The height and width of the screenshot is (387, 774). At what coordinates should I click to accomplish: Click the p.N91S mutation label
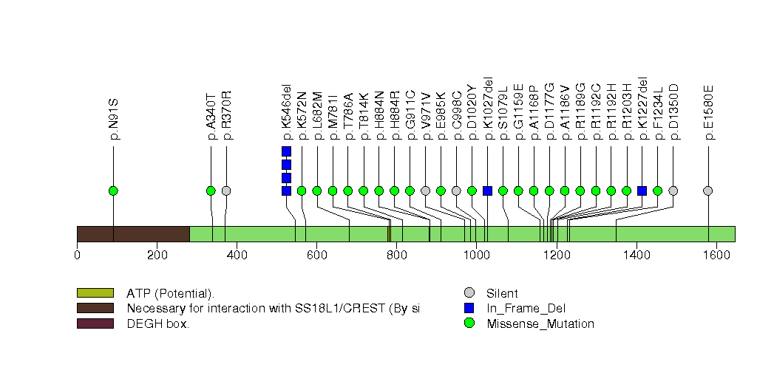click(x=114, y=118)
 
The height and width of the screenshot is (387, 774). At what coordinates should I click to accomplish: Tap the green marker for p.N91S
click(x=113, y=191)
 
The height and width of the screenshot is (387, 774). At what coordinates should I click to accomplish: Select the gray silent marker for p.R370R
click(x=226, y=191)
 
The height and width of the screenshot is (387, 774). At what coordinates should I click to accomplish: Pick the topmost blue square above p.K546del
click(x=286, y=151)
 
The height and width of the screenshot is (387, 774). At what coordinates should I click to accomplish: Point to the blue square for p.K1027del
click(x=487, y=191)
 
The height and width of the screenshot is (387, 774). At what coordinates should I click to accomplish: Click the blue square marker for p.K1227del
click(x=642, y=191)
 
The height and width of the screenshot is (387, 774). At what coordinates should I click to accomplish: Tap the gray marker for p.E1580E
click(x=708, y=191)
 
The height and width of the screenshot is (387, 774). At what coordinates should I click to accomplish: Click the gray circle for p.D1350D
click(x=673, y=191)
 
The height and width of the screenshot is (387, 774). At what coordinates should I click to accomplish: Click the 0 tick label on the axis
click(x=77, y=255)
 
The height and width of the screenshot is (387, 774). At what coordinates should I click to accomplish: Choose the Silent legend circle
click(x=469, y=293)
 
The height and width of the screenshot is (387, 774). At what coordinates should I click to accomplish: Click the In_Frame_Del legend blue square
click(x=469, y=308)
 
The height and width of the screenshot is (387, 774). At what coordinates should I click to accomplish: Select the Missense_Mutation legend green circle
click(x=469, y=323)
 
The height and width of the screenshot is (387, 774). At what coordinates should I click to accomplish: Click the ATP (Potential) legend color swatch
click(x=95, y=293)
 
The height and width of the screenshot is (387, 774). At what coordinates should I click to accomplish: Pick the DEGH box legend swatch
click(x=95, y=323)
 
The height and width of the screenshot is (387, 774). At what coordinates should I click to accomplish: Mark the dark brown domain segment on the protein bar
click(x=133, y=233)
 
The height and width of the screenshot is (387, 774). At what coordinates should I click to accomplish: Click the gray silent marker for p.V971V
click(x=425, y=191)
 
